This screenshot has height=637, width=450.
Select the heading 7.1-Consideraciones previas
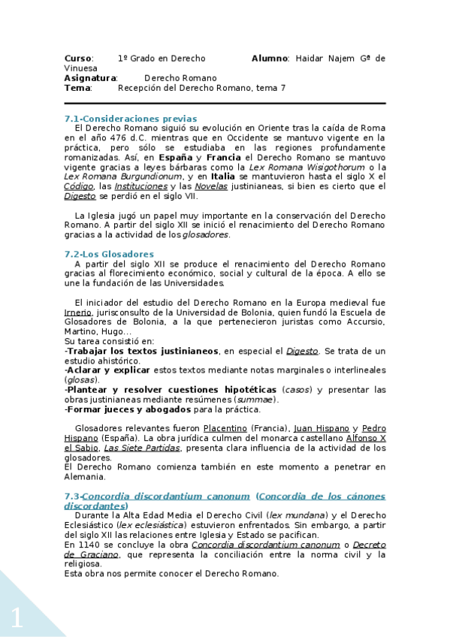click(x=131, y=119)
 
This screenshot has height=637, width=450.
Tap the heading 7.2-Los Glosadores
click(x=109, y=254)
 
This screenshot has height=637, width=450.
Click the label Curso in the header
click(x=78, y=58)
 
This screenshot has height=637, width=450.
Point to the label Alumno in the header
click(x=269, y=58)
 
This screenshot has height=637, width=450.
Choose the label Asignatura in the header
click(x=90, y=77)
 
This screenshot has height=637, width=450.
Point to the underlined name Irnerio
click(x=78, y=312)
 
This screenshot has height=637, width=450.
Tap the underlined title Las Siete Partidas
click(x=142, y=448)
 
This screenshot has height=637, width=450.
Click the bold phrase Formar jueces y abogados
click(x=128, y=409)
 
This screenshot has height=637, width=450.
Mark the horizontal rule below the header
click(x=225, y=103)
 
